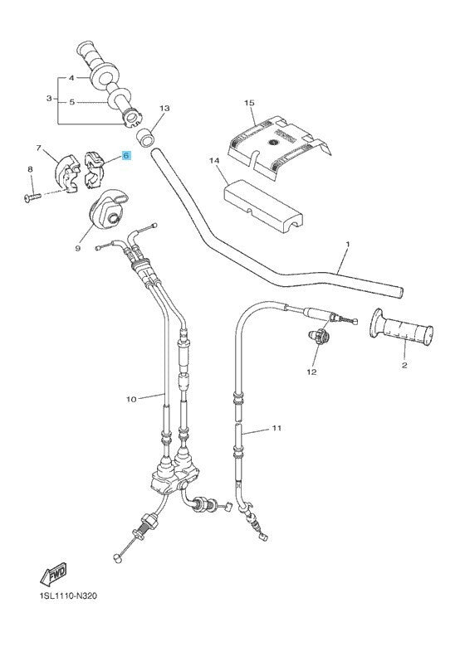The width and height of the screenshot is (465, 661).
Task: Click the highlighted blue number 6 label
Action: (126, 156)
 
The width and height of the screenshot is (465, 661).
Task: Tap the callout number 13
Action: (164, 109)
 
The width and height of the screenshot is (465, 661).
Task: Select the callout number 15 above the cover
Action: (249, 103)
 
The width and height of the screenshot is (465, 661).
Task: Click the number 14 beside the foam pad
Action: (214, 161)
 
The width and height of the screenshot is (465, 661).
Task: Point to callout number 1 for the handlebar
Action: (348, 244)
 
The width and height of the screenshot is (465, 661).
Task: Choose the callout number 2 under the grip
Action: (404, 365)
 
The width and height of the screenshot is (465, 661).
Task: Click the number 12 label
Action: (312, 372)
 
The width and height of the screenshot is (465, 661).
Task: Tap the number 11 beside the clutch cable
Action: (277, 428)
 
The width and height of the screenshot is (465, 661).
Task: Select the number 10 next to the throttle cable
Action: (132, 399)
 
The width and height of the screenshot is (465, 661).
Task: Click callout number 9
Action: (78, 249)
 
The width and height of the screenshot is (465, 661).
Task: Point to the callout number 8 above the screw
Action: (30, 169)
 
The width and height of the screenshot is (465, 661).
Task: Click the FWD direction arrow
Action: (54, 574)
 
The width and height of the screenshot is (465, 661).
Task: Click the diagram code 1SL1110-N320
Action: (67, 596)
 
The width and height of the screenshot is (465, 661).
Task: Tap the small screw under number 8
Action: (32, 197)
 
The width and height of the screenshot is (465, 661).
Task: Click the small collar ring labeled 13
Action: (145, 139)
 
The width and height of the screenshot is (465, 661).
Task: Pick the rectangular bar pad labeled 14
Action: (264, 206)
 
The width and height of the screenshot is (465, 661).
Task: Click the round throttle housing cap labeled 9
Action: (108, 210)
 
